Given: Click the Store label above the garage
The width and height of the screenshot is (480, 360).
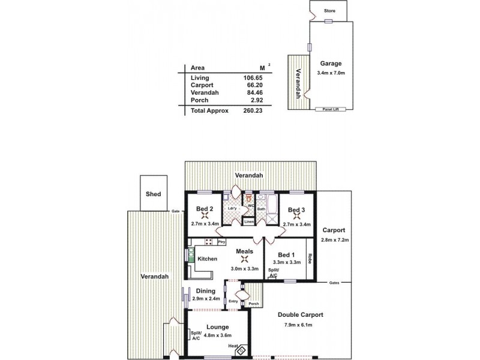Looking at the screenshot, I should click(x=329, y=11).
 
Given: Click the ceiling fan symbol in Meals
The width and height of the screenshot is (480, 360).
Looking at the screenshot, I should click(x=244, y=259).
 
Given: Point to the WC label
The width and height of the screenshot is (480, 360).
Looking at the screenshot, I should click(x=251, y=205).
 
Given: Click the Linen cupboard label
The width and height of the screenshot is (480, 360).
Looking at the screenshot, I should click(x=249, y=222).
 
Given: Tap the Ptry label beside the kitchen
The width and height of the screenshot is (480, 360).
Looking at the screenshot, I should click(x=221, y=242).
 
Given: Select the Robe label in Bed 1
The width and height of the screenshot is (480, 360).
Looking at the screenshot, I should click(x=310, y=259).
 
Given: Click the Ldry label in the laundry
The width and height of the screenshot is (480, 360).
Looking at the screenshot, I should click(x=228, y=209).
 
